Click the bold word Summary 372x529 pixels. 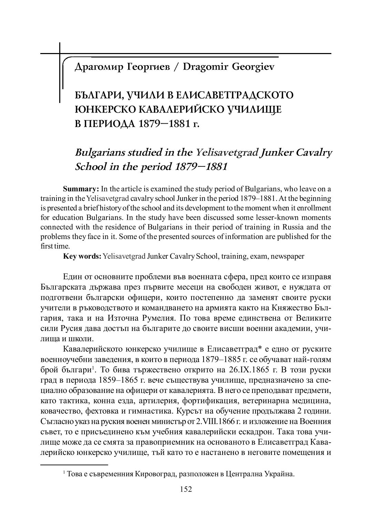pos(81,189)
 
